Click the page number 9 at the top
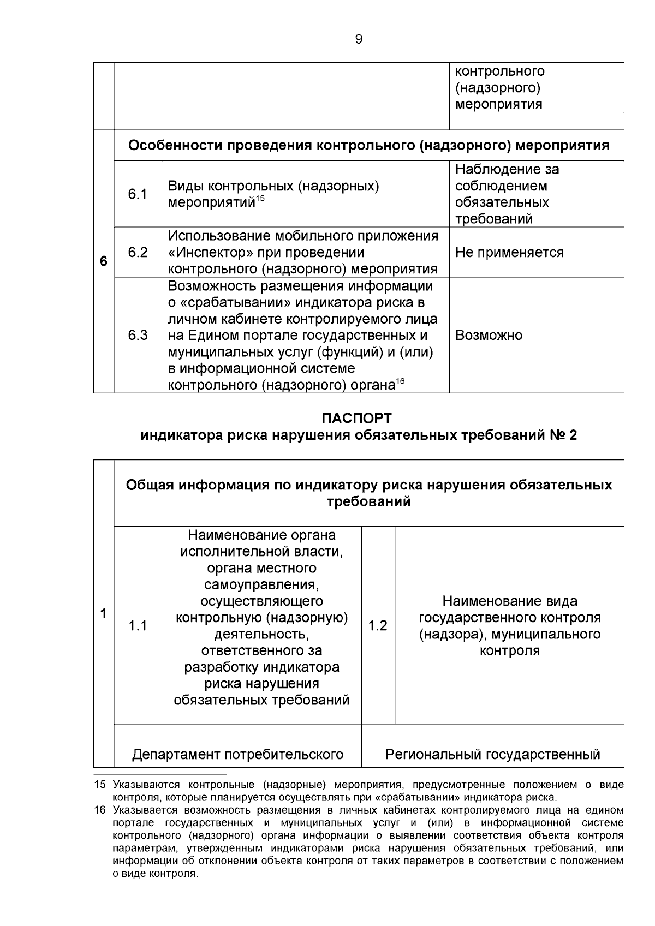point(358,39)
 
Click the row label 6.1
point(138,194)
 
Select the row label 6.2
point(138,252)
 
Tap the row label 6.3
point(138,335)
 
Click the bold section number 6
point(103,261)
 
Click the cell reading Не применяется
point(509,253)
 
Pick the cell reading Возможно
point(489,335)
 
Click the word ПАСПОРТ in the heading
point(357,419)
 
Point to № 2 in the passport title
point(562,435)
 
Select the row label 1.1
point(138,626)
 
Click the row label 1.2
point(378,626)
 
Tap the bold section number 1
point(103,613)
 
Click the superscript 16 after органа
point(400,381)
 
